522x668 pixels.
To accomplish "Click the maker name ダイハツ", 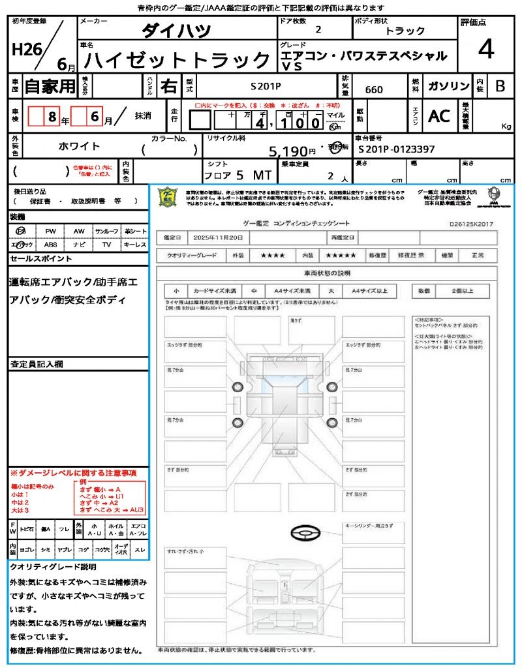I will click(176, 31).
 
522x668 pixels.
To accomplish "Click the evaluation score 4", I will click(485, 49).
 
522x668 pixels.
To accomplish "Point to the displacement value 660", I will click(374, 89).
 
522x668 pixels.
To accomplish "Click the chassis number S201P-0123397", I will click(397, 149).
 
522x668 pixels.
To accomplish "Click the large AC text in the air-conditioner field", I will click(439, 116).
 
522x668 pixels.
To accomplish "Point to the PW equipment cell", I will click(50, 231).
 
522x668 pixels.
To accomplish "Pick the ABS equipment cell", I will click(50, 245).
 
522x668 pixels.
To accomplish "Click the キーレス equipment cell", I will click(135, 245).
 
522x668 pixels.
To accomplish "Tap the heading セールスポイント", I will click(41, 259).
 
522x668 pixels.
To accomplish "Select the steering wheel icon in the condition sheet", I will click(304, 533).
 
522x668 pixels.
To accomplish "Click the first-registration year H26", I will click(24, 49).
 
